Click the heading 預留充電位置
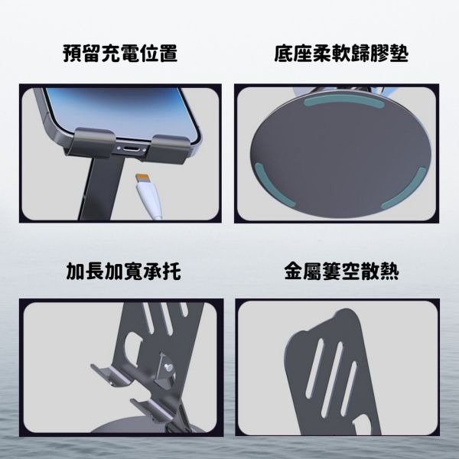tap(120, 54)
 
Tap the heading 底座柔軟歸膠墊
tap(341, 54)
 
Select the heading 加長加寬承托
tap(123, 272)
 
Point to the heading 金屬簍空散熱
tap(341, 272)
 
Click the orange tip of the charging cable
tap(142, 177)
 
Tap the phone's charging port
tap(131, 148)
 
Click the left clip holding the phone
tap(91, 143)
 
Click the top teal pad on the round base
tap(344, 101)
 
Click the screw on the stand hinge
tap(168, 366)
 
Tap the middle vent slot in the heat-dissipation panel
tap(332, 379)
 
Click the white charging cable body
tap(151, 200)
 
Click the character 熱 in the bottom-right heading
tap(389, 272)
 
